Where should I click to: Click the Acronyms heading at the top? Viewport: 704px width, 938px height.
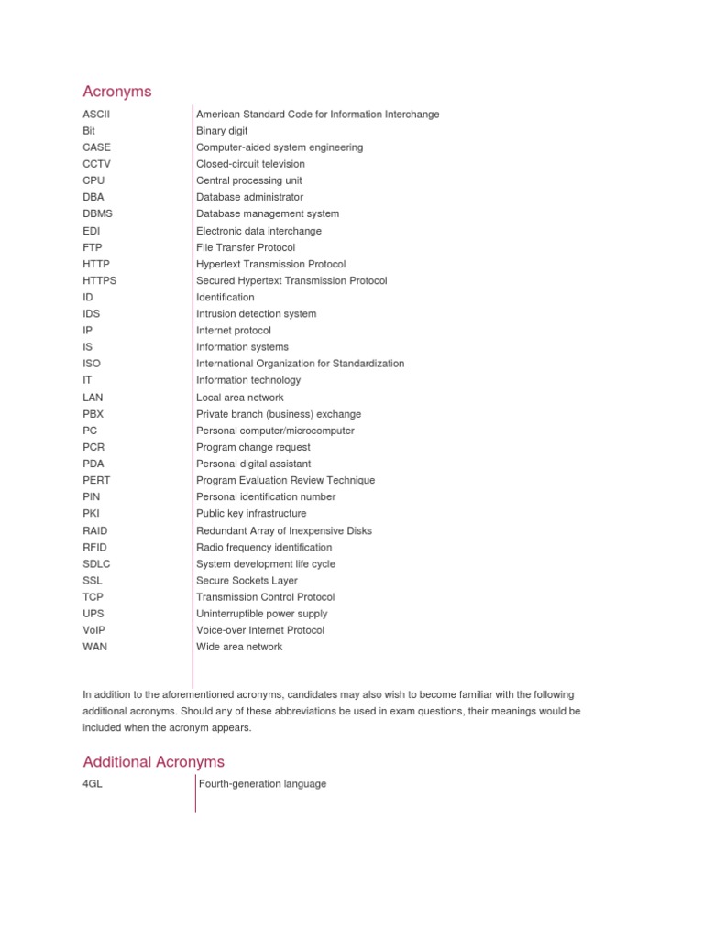(117, 92)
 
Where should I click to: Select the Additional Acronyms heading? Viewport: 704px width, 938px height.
(153, 761)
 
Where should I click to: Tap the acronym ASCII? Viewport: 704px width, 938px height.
(95, 115)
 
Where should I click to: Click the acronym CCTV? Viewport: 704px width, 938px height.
(96, 164)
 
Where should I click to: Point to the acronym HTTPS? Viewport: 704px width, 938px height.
(99, 280)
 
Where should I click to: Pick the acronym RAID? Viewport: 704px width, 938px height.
(95, 530)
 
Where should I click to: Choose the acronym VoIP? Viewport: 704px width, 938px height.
(94, 630)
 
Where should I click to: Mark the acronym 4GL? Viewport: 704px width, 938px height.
(93, 784)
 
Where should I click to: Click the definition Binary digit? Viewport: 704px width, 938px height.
(222, 131)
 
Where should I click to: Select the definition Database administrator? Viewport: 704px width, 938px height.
(249, 197)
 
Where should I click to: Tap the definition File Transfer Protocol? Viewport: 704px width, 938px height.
(246, 247)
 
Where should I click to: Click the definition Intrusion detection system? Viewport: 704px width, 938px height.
(256, 313)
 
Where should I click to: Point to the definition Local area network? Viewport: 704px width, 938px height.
(239, 398)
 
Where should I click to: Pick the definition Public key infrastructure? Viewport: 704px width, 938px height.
(251, 514)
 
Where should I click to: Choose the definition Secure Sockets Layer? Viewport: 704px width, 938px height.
(247, 581)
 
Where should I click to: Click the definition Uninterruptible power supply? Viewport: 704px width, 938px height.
(261, 614)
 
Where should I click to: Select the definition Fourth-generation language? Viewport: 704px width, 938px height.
(261, 784)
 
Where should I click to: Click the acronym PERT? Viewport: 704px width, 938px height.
(96, 480)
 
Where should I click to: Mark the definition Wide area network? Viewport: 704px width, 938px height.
(239, 647)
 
